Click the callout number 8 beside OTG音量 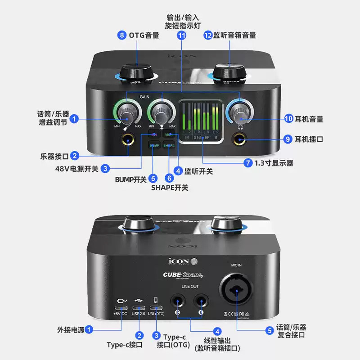(x=121, y=35)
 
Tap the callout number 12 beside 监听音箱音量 (x=207, y=35)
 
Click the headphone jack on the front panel (x=239, y=140)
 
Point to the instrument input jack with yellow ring (x=128, y=140)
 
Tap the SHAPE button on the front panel (x=169, y=145)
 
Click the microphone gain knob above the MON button (x=161, y=111)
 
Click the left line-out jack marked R (x=178, y=301)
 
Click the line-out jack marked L (x=201, y=301)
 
